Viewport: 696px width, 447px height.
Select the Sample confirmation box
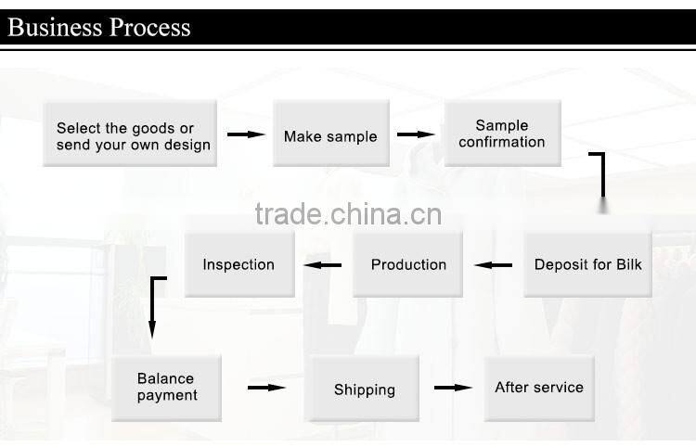502,133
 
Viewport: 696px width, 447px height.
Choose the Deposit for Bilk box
587,264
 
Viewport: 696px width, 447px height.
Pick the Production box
407,264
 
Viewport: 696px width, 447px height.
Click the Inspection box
238,264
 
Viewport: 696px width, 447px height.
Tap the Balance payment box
166,388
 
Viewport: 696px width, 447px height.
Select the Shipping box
364,390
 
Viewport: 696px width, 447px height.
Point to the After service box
539,388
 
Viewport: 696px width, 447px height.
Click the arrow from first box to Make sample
246,135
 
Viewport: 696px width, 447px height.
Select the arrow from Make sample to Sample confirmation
416,135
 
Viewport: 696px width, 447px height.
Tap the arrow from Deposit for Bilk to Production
493,266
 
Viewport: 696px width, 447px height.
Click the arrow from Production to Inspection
324,266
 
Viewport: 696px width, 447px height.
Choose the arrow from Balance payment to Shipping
265,388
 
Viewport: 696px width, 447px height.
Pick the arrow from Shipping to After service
454,388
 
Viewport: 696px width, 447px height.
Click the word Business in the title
55,26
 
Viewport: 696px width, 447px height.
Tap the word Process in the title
149,26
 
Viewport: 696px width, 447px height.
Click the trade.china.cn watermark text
348,214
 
